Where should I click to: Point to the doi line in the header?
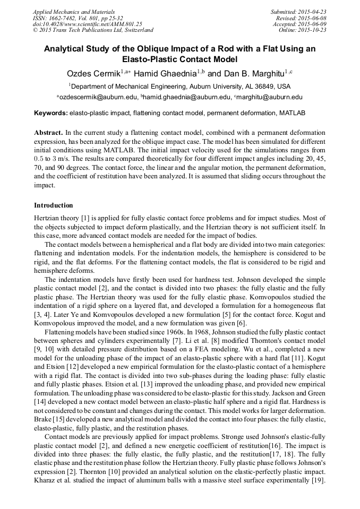pos(87,24)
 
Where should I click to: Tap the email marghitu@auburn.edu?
pos(269,97)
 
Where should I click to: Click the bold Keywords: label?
pos(51,113)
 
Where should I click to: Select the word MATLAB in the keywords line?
pos(292,113)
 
